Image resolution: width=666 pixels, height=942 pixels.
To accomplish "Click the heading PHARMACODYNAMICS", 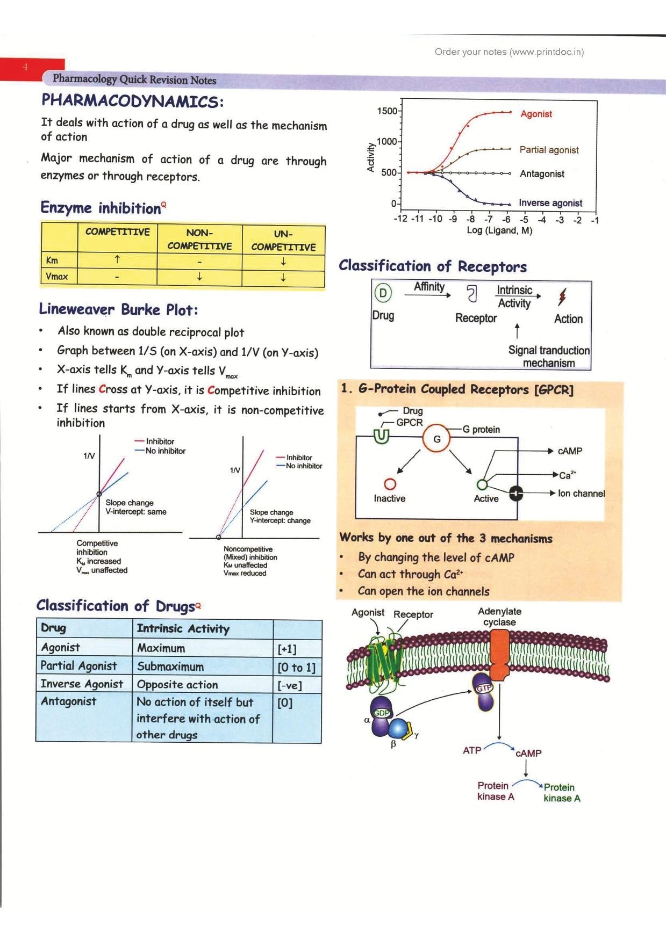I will coord(132,101).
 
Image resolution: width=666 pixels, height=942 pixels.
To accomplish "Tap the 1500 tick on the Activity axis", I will coord(386,111).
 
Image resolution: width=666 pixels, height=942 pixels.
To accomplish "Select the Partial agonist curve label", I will coord(549,150).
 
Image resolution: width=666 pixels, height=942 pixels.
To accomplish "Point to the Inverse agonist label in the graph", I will coord(550,203).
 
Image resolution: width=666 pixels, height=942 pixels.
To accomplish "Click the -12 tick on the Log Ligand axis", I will coord(400,219).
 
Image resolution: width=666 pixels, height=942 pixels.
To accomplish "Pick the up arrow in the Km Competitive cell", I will coord(117,259).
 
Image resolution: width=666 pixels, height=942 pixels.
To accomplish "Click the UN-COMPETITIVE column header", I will coord(283,240).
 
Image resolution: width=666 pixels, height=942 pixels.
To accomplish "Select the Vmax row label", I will coord(57,277).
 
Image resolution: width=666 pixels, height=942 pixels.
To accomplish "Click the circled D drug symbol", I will coord(383,293).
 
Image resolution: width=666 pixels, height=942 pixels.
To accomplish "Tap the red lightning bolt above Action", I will coord(562,296).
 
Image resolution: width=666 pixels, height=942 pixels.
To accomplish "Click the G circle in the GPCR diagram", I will coord(436,439).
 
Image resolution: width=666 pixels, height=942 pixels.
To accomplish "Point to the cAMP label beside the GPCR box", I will coord(570,451).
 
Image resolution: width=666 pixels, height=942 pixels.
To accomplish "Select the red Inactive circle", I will coord(390,484).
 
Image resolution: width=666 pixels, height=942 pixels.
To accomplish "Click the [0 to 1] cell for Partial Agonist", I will coord(296,668).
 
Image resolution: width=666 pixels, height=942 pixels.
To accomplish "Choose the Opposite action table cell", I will coord(177,685).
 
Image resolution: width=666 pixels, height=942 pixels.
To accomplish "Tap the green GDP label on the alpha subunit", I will coord(381,713).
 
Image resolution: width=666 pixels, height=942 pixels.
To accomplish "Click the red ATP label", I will coord(472,750).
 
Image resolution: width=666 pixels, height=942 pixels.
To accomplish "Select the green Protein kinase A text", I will coord(561,793).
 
